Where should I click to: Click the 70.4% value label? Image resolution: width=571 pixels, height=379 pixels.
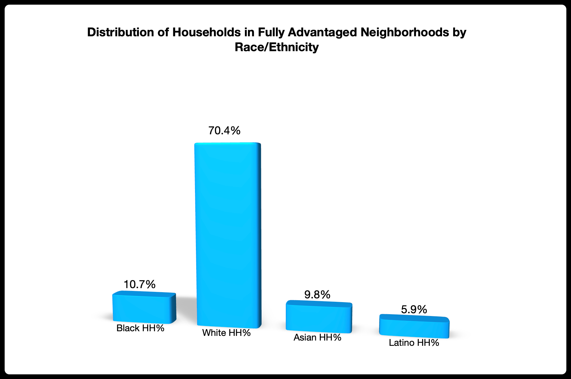224,131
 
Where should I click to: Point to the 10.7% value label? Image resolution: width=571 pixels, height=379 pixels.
139,284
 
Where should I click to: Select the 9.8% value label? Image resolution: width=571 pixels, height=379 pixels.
317,294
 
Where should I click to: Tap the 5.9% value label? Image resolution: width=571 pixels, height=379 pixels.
414,309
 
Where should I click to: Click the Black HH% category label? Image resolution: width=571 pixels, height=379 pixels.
140,328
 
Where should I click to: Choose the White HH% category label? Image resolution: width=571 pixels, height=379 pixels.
226,333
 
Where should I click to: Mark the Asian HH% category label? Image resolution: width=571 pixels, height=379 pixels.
317,337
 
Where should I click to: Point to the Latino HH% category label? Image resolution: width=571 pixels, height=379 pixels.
414,343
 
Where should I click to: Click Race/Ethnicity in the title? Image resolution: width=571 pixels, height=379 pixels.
277,47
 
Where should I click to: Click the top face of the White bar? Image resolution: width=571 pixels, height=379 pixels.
227,143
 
